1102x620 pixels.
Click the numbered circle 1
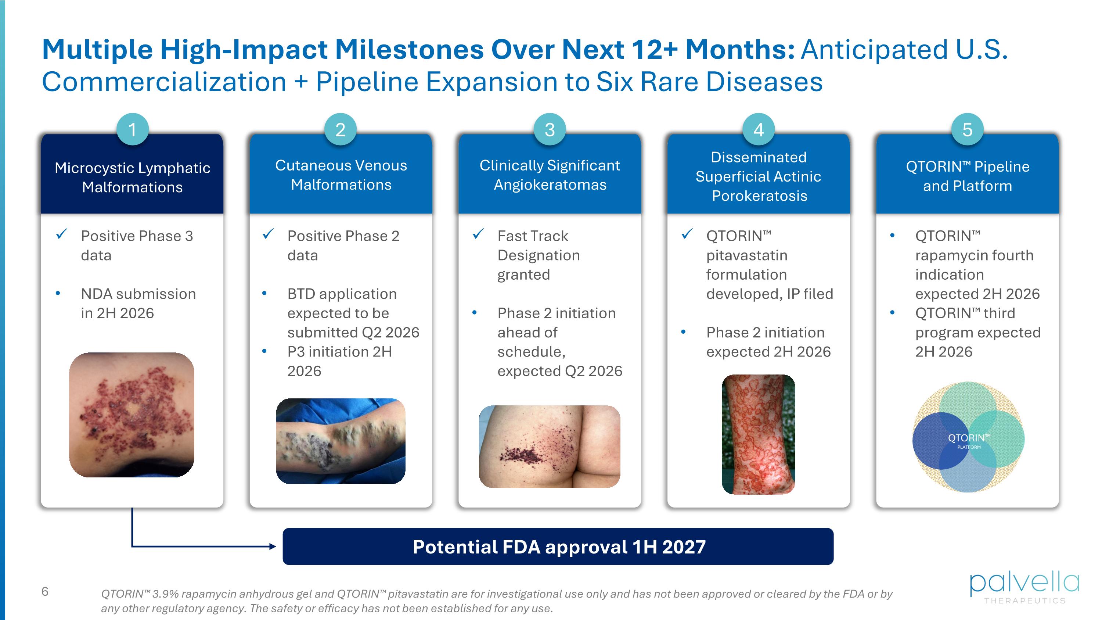click(132, 129)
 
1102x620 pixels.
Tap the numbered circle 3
click(550, 129)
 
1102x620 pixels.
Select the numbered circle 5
click(967, 129)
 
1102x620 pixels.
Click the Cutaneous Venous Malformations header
click(341, 175)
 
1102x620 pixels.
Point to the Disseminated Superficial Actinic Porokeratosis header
click(759, 176)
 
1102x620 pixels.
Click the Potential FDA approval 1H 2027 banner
click(558, 546)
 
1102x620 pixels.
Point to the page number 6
click(45, 592)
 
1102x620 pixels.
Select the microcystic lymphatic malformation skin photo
click(132, 415)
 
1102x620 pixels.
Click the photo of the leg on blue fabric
click(341, 441)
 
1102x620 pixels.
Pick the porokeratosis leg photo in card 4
click(759, 434)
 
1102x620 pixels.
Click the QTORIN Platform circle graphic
click(968, 437)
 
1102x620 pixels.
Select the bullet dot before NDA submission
click(58, 294)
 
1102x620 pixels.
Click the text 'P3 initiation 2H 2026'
click(340, 361)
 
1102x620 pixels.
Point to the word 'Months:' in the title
click(740, 49)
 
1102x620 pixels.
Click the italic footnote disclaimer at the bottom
click(496, 601)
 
